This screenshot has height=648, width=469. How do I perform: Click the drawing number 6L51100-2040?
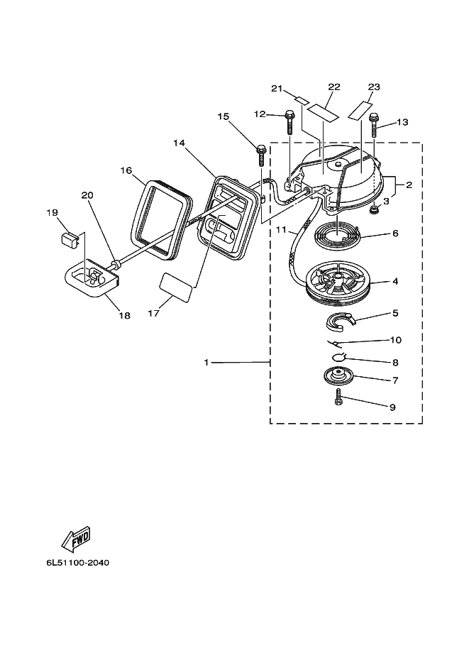coord(78,563)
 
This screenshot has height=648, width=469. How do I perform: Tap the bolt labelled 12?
coord(289,122)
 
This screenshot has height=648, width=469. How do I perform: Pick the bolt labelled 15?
coord(261,155)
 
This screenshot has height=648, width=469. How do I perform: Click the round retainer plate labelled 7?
coord(339,375)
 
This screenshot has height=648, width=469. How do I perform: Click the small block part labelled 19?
coord(70,240)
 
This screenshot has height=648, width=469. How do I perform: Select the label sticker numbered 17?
coord(176,286)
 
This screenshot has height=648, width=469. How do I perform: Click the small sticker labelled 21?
coord(302,100)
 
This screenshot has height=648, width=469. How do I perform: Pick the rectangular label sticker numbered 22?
coord(323,112)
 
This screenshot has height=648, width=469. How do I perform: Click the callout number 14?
coord(179,143)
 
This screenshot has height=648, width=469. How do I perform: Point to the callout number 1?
coord(206,363)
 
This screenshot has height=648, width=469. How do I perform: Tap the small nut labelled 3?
coord(375,211)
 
